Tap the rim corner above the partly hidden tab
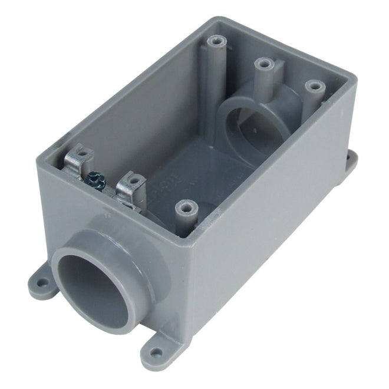pos(352,80)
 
